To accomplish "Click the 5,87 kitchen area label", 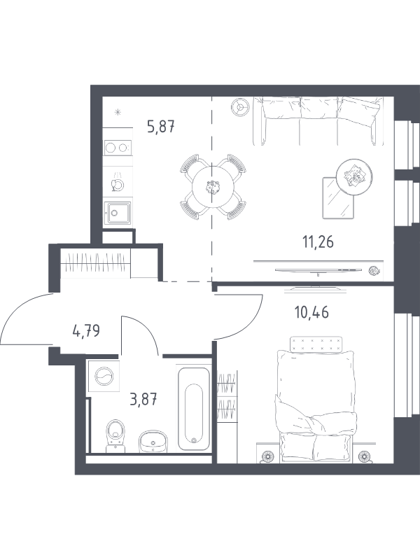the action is pos(161,127).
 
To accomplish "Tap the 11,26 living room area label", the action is pos(318,242).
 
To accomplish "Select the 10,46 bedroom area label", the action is pos(311,312).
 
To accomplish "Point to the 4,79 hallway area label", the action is pos(86,331).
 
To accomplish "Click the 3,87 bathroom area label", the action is pos(143,399).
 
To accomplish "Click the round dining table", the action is pos(213,186).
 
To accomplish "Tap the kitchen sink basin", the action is pos(118,213).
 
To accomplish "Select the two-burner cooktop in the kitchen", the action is pos(118,148).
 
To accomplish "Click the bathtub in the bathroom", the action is pos(193,407).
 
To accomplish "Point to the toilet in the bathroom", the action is pos(115,435).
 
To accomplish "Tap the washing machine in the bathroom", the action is pos(104,376).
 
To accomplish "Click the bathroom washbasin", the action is pos(153,442).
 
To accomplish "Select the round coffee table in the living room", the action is pos(355,177).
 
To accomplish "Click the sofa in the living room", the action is pos(318,121).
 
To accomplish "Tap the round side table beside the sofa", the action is pos(240,106).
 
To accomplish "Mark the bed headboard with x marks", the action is pos(316,344).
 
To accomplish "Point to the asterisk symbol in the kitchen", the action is pos(118,113).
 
